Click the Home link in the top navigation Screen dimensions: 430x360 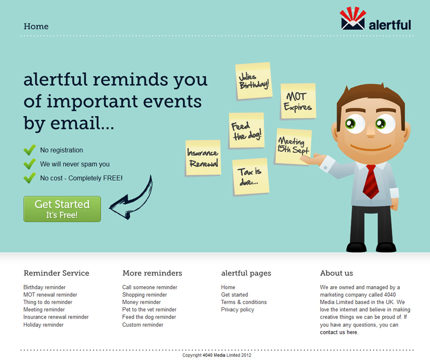36,26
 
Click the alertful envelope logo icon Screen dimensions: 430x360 353,18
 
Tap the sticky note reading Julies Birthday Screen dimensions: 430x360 253,81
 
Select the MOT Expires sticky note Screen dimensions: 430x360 298,101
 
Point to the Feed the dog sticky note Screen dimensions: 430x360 246,130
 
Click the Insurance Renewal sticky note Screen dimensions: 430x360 203,158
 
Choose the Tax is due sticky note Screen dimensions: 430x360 250,176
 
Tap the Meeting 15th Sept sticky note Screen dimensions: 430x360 293,147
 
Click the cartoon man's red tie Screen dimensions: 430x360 371,182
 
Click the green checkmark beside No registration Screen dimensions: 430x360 29,150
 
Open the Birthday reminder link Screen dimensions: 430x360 45,287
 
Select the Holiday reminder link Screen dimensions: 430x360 44,325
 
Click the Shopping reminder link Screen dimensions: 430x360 145,295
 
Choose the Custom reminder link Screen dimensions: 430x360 143,325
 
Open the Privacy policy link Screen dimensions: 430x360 237,309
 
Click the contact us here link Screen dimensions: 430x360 338,332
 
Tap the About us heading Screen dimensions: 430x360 336,273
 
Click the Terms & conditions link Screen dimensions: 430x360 244,302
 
